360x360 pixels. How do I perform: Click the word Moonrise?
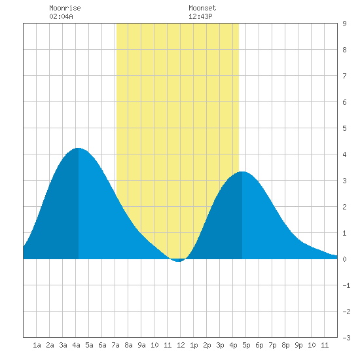(x=65, y=8)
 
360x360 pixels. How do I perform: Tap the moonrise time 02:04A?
(x=61, y=16)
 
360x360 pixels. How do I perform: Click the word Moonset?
(x=202, y=8)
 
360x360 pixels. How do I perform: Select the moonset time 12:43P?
(x=200, y=16)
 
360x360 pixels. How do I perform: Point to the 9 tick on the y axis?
(x=344, y=24)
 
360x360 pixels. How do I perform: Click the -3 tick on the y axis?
(x=346, y=338)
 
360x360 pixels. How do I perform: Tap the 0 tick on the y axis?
(x=344, y=259)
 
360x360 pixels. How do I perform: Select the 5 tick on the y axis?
(x=344, y=128)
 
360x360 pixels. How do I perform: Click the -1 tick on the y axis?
(x=346, y=285)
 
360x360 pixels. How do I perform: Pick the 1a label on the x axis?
(x=37, y=345)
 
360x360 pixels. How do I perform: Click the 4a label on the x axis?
(x=76, y=345)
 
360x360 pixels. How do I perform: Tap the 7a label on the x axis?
(x=115, y=345)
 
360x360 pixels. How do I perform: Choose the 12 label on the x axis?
(x=181, y=345)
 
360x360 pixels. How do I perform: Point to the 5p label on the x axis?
(x=246, y=345)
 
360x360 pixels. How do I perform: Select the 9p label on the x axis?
(x=298, y=345)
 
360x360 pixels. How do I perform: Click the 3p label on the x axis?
(x=220, y=345)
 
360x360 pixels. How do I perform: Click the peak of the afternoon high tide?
(x=242, y=172)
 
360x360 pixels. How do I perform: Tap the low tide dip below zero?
(x=179, y=261)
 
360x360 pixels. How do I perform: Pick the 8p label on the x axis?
(x=285, y=345)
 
